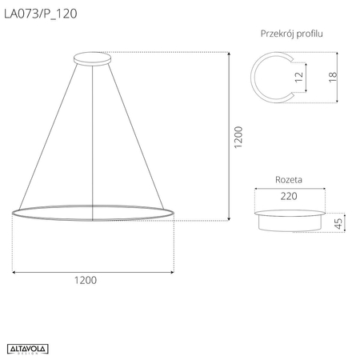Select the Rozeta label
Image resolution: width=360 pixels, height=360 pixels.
pos(288,182)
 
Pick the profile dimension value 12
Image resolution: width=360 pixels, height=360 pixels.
pos(298,78)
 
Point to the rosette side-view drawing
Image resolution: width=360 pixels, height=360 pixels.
pos(290,221)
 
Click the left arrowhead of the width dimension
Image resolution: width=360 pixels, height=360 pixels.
pos(15,272)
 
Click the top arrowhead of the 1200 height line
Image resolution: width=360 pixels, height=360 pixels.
pos(230,54)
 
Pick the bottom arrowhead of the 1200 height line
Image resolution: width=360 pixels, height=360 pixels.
pos(230,218)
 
